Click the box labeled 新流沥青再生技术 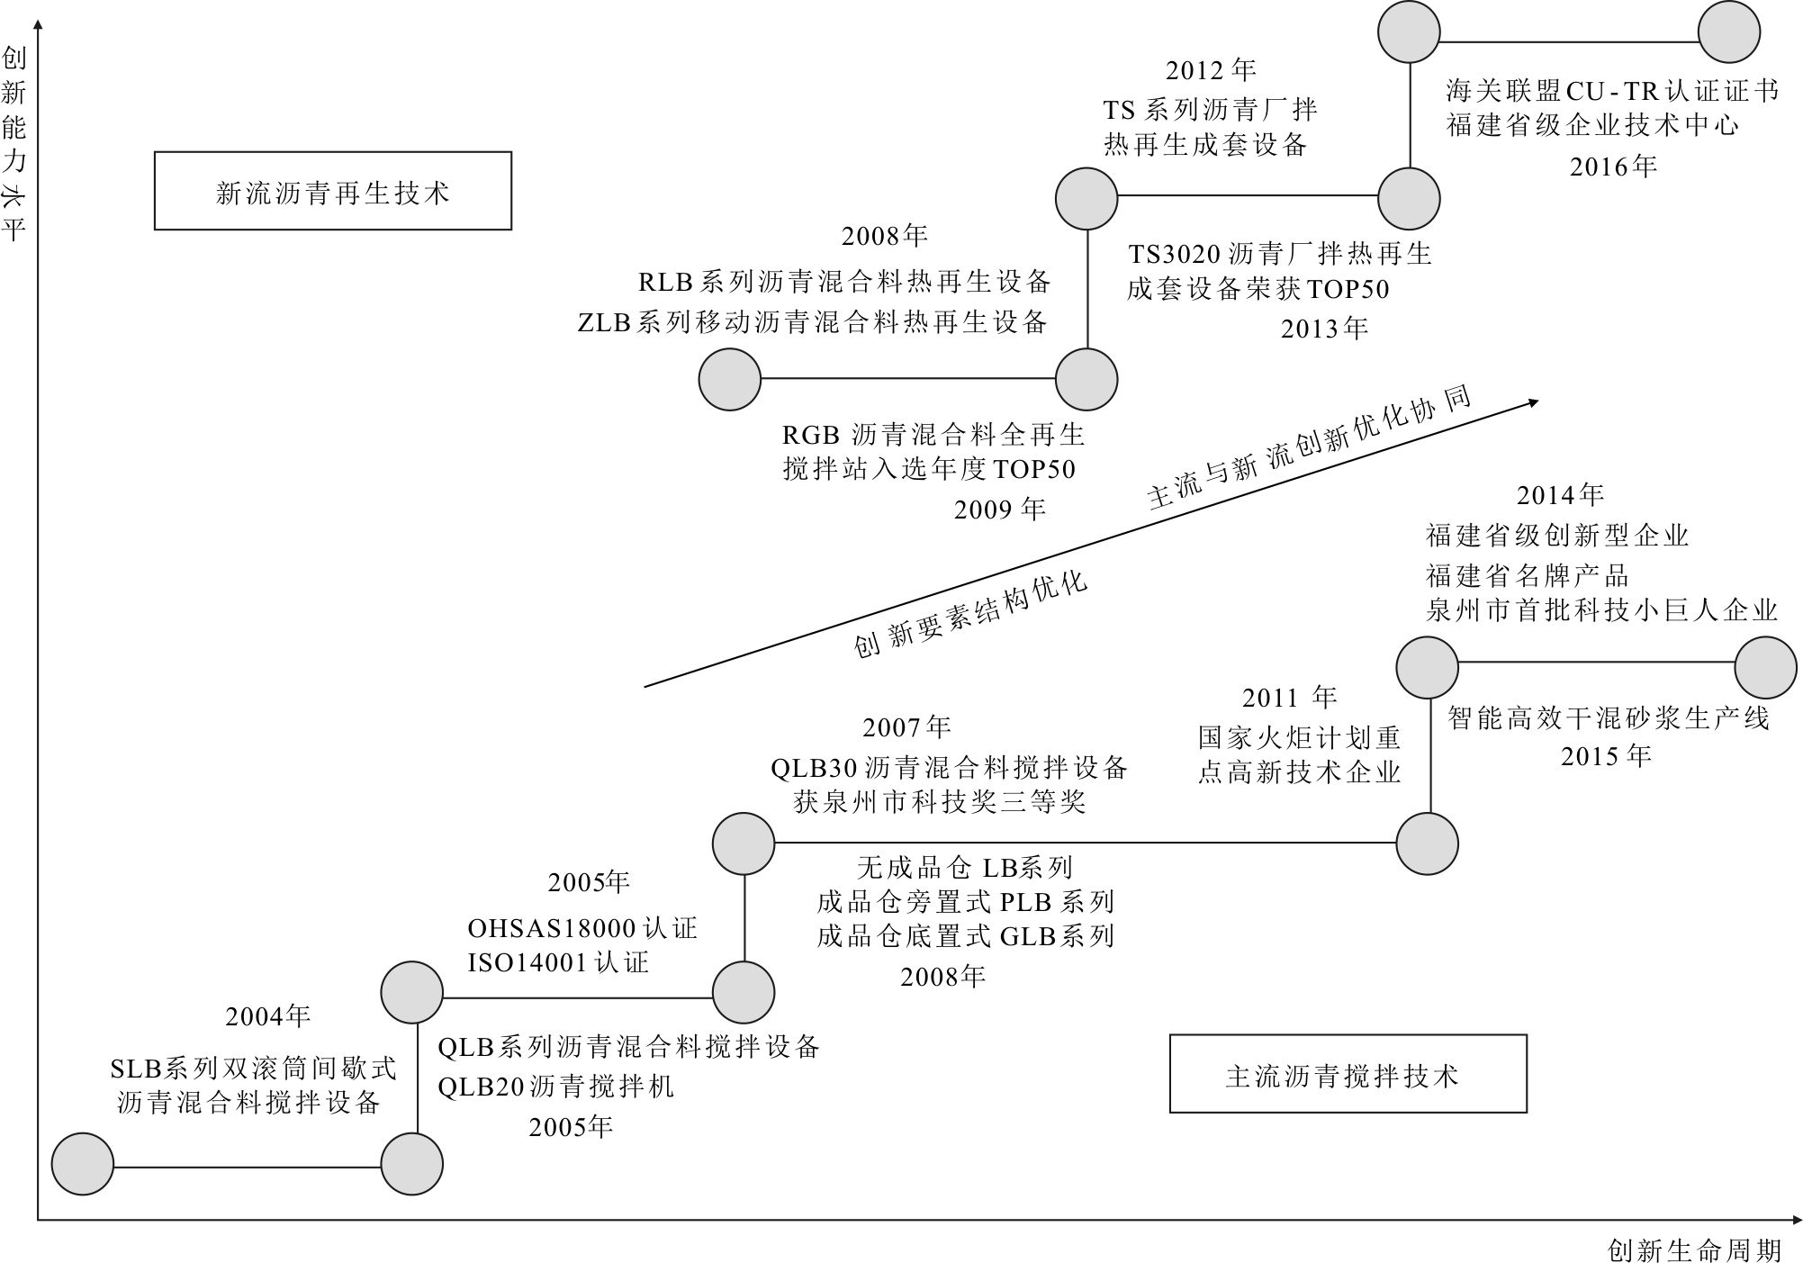332,191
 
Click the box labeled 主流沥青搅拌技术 1348,1074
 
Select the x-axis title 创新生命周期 1694,1250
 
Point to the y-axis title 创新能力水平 14,144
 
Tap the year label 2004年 267,1016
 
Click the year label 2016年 1613,167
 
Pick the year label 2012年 1211,70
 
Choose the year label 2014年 1560,495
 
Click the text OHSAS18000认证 582,928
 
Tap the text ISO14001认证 558,962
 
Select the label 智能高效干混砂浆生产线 1608,717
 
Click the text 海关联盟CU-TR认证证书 1612,91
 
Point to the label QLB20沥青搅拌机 555,1087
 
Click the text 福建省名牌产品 1527,575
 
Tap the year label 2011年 1289,698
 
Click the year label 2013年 1324,329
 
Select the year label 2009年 999,510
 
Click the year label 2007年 906,726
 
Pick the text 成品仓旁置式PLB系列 965,901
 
